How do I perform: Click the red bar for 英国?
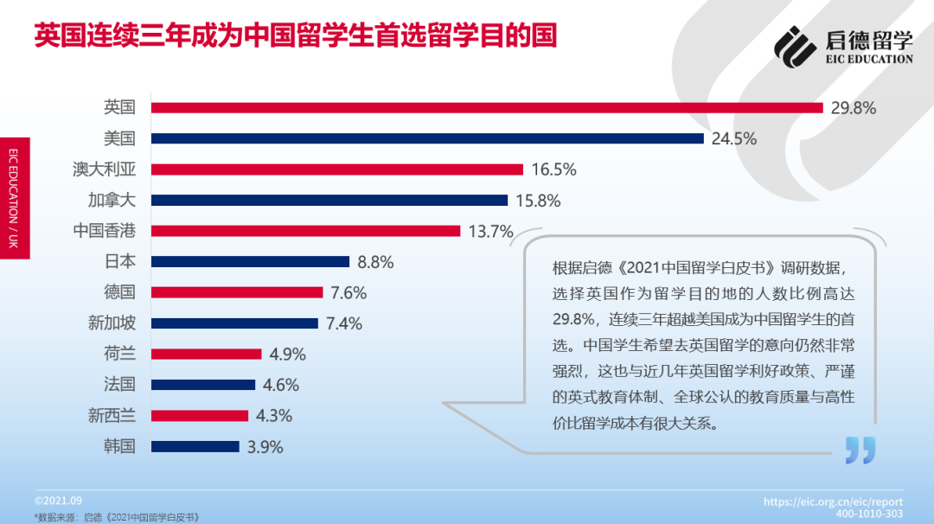click(487, 107)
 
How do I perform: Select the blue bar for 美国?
click(427, 138)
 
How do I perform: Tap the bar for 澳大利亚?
click(337, 169)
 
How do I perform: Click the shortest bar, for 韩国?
click(195, 446)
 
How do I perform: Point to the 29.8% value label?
click(854, 108)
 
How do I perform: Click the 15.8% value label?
click(538, 201)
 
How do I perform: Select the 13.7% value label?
click(490, 231)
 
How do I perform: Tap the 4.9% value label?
click(287, 354)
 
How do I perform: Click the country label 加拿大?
click(112, 200)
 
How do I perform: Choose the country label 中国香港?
click(105, 231)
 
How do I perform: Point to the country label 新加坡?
click(112, 323)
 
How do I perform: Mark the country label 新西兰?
click(112, 415)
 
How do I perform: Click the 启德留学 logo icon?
click(795, 46)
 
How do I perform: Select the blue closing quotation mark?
click(860, 450)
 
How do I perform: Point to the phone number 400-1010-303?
click(868, 514)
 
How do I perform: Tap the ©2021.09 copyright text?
click(58, 501)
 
